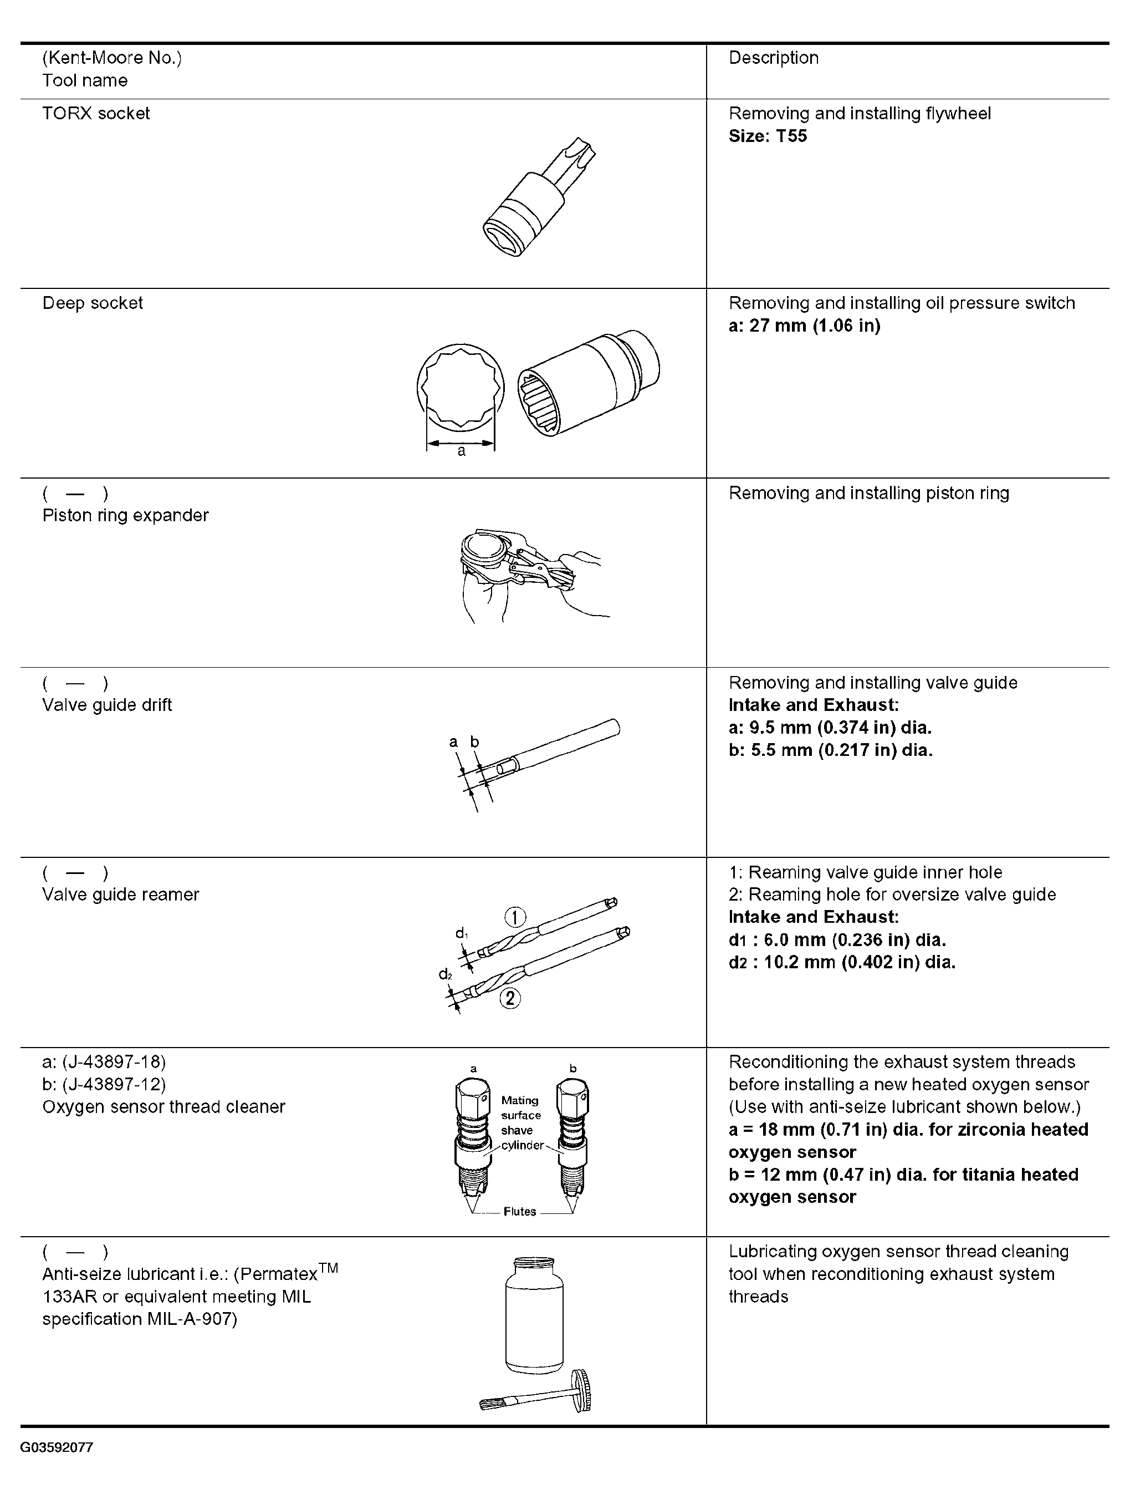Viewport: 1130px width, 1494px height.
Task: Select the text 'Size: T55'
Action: point(768,136)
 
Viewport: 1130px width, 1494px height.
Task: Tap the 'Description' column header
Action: point(774,58)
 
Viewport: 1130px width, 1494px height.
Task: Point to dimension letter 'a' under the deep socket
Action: point(461,451)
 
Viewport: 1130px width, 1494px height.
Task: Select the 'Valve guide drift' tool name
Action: point(108,705)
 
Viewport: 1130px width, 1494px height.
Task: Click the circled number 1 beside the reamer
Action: point(515,917)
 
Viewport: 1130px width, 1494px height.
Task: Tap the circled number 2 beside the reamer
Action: point(510,998)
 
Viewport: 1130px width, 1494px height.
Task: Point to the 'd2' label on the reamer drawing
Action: point(445,974)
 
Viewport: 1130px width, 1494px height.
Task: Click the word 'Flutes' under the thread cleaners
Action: point(520,1212)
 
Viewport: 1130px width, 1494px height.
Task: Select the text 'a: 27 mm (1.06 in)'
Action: point(805,326)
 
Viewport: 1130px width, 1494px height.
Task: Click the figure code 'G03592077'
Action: point(57,1448)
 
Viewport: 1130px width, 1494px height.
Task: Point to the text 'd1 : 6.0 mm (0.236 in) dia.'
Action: point(837,940)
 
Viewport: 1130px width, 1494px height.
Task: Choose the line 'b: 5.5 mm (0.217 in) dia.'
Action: point(830,750)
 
